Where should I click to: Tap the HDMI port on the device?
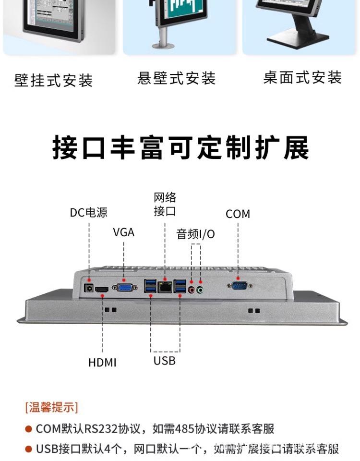tap(102, 290)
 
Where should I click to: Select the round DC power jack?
tap(89, 288)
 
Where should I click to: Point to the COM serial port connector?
tap(238, 286)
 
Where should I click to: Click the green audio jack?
tap(200, 289)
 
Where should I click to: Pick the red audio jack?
tap(192, 289)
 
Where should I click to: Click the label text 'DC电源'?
tap(88, 212)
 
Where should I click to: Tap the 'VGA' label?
tap(124, 232)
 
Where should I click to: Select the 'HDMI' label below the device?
tap(102, 363)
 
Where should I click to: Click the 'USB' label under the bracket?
tap(165, 360)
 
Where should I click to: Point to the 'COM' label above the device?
tap(238, 214)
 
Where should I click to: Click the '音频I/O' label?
tap(196, 234)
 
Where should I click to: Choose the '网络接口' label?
tap(165, 204)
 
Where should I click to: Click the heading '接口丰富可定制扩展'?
tap(180, 147)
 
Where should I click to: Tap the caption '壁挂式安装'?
tap(53, 80)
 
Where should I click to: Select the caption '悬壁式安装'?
tap(177, 78)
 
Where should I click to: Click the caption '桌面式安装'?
tap(302, 77)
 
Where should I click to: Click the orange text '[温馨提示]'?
tap(51, 408)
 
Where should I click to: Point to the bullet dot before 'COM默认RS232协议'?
tap(29, 429)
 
